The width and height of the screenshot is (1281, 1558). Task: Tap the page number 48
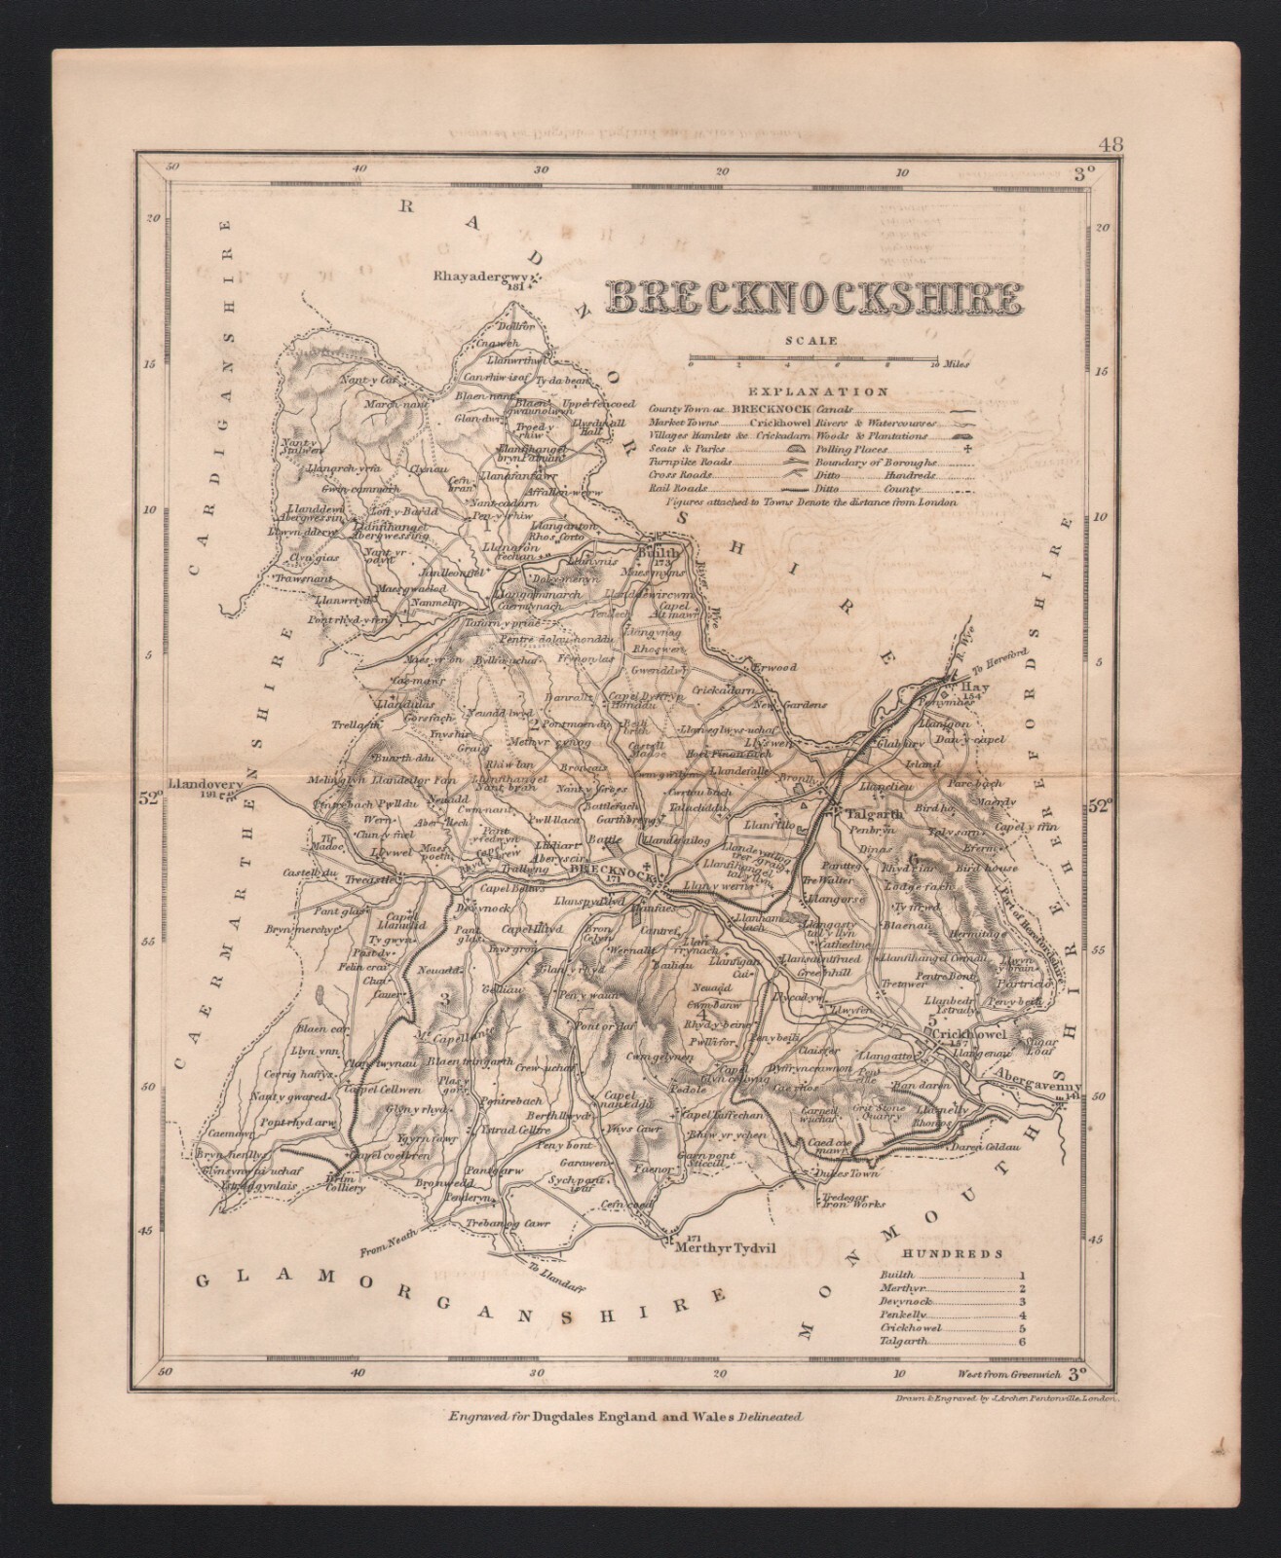(1111, 145)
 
